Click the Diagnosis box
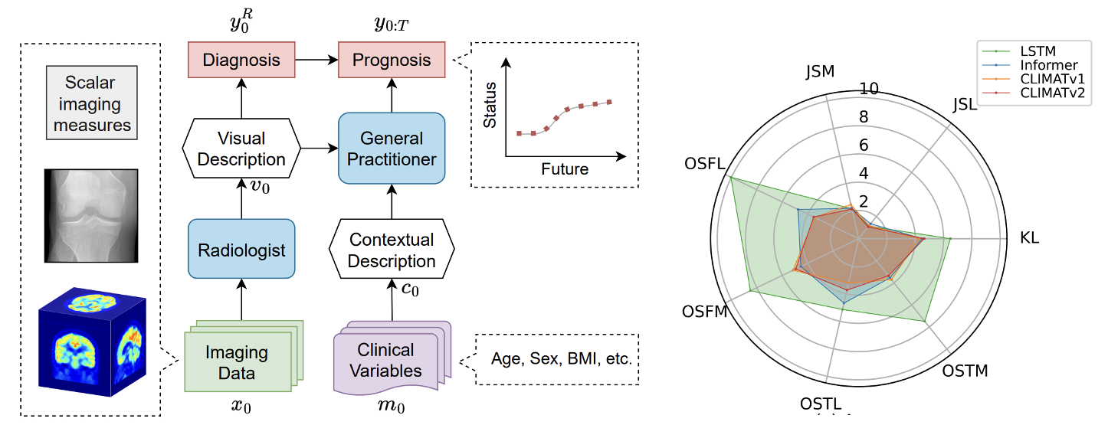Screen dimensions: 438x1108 [241, 60]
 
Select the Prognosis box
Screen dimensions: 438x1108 [392, 60]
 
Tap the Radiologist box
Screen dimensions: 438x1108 [241, 250]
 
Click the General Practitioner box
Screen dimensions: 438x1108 [392, 149]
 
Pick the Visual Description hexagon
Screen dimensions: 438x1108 [241, 149]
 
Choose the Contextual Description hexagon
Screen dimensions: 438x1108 [392, 250]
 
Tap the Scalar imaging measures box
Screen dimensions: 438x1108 [92, 103]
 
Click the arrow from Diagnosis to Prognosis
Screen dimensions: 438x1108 [317, 60]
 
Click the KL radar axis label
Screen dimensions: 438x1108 [1029, 237]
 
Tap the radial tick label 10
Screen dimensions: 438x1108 [869, 89]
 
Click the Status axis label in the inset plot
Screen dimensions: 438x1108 [490, 104]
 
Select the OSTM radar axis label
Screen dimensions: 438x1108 [965, 371]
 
